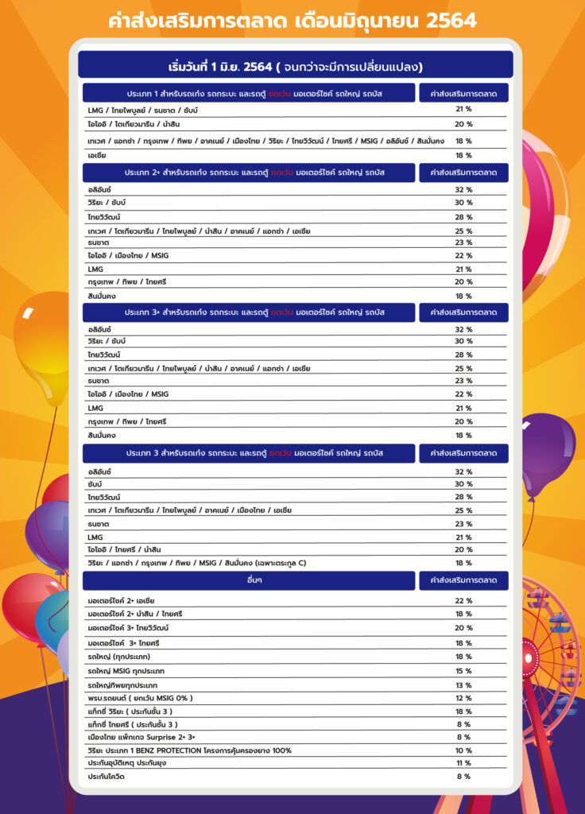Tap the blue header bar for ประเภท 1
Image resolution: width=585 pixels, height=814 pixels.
coord(249,94)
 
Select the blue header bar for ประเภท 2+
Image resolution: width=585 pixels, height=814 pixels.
coord(249,172)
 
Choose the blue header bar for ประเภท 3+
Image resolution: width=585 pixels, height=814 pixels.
coord(249,312)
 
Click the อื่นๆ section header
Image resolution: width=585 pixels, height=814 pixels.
coord(249,581)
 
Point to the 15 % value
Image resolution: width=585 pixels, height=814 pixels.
coord(463,671)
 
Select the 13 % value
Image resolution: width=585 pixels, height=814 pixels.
coord(463,684)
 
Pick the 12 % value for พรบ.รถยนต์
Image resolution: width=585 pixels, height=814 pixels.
coord(463,698)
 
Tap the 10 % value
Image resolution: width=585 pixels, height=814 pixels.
coord(463,750)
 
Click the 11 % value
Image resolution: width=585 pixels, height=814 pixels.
coord(463,763)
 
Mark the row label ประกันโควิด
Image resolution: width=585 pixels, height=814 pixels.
coord(107,777)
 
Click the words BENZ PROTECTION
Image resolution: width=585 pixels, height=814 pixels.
coord(184,750)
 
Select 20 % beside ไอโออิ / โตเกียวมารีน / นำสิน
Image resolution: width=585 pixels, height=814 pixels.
coord(463,124)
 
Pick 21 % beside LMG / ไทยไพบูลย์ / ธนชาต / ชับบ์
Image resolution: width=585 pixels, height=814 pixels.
coord(463,110)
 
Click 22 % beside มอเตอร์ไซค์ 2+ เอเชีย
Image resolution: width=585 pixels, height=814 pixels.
coord(463,601)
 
